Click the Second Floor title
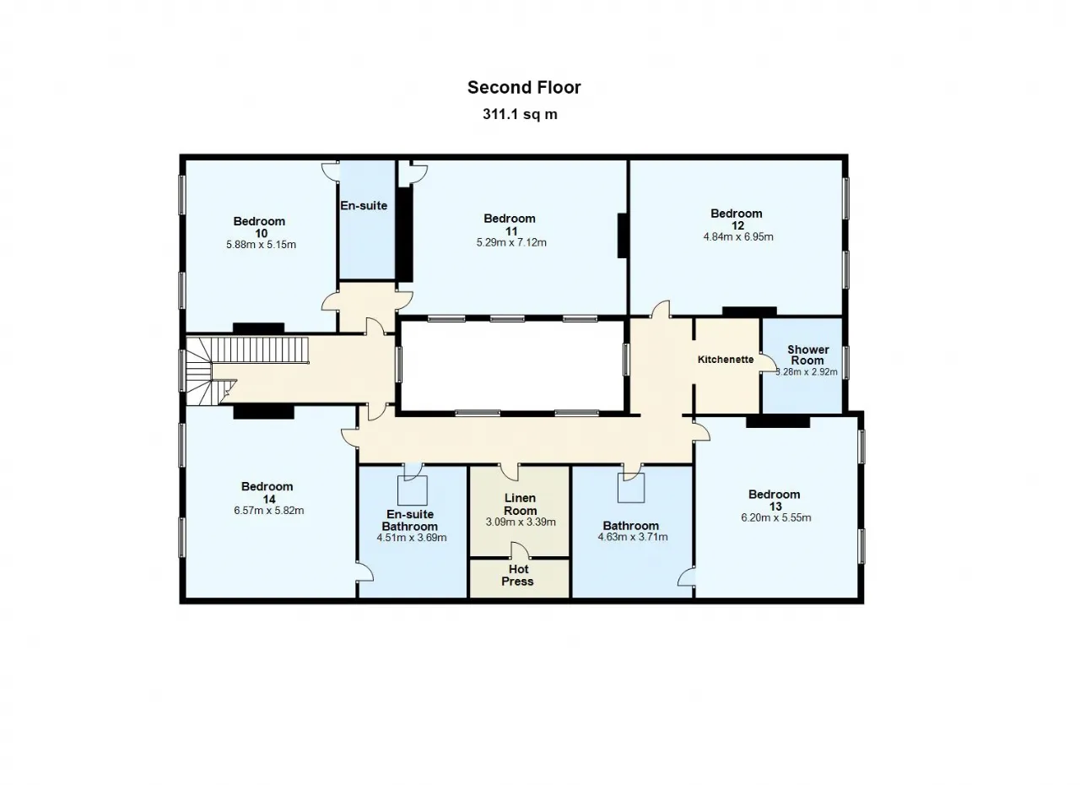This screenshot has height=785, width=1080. (524, 87)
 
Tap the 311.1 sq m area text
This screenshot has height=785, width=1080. (520, 114)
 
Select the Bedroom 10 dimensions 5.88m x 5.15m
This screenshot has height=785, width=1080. (261, 245)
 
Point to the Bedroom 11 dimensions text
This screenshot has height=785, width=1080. (511, 242)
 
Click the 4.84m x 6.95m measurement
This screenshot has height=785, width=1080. (738, 236)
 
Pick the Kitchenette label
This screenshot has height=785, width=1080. (726, 360)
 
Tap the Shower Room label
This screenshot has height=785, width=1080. (808, 355)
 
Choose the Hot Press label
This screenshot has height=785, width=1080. (517, 576)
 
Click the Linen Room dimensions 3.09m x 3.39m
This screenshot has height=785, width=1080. (521, 522)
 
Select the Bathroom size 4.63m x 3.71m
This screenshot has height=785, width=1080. (633, 537)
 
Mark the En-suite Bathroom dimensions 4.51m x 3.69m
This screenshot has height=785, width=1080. (411, 537)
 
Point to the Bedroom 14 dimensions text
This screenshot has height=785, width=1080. (269, 510)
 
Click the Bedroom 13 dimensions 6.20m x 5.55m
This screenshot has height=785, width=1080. (775, 517)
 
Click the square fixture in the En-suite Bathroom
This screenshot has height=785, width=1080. (413, 490)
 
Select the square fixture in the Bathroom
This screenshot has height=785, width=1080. (631, 488)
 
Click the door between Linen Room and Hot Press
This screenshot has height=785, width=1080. (519, 551)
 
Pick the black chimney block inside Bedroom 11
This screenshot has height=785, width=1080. (622, 235)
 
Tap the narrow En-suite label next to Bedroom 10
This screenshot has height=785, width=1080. (364, 206)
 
